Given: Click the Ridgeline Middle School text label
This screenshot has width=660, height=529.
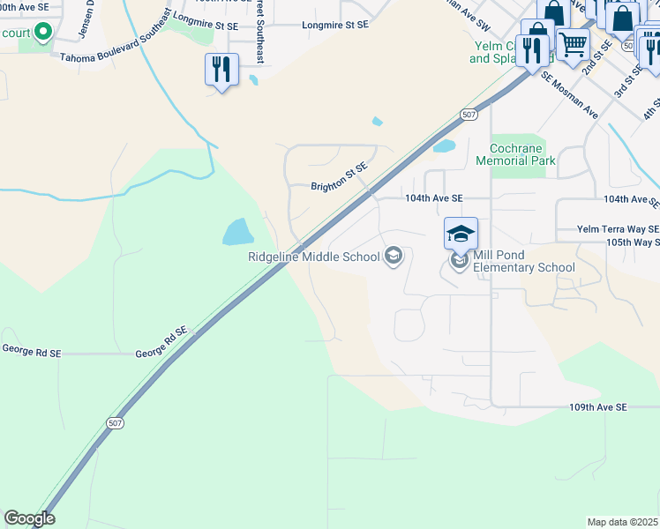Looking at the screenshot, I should (x=313, y=257).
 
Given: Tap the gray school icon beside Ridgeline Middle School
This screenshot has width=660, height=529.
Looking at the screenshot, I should (x=394, y=257).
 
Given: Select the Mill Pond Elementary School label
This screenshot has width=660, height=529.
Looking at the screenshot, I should (x=524, y=261).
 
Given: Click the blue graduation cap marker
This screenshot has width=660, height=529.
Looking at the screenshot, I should (x=461, y=235).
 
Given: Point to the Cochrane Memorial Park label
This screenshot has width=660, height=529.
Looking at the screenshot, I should (x=516, y=154).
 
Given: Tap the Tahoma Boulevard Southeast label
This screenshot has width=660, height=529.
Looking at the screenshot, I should (x=112, y=58).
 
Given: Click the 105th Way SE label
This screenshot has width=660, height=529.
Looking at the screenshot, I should (x=633, y=242).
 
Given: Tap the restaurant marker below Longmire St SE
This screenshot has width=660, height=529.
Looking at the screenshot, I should (x=221, y=70).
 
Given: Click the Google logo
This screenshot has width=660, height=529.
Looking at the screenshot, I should (x=28, y=518).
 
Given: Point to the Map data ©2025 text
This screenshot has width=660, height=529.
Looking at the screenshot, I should (x=622, y=522).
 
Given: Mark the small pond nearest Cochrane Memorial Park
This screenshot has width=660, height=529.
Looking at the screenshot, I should (x=445, y=145).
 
